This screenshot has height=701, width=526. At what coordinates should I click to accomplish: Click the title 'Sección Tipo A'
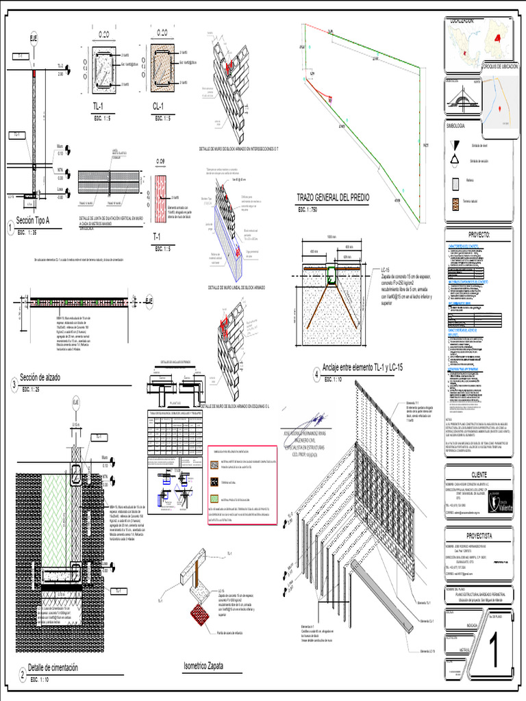click(34, 221)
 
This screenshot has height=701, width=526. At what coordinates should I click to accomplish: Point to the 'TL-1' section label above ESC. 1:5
click(98, 106)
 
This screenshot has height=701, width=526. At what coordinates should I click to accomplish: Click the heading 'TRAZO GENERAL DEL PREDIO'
click(332, 197)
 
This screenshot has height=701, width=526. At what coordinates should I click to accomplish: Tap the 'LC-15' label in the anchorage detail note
click(385, 270)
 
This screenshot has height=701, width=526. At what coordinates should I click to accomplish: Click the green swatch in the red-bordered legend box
click(215, 483)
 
